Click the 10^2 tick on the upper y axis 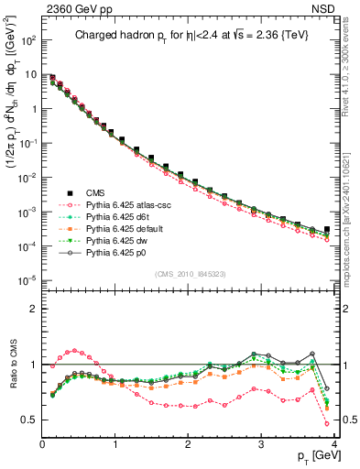[27, 41]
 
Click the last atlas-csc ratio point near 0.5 [327, 423]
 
